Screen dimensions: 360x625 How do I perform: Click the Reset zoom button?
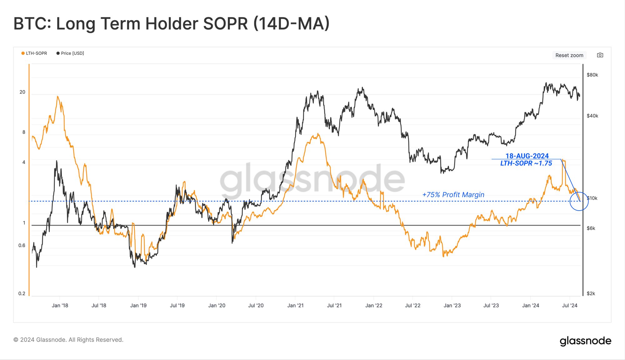click(x=569, y=55)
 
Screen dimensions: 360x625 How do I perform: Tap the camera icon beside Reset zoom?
click(x=600, y=55)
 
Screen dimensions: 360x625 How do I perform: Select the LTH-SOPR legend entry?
click(x=34, y=53)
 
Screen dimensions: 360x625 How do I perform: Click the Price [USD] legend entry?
click(x=70, y=53)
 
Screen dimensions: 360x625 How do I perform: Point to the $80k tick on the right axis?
click(x=592, y=75)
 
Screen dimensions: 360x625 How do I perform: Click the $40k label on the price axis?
click(x=592, y=116)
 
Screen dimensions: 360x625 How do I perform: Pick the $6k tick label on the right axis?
click(x=591, y=228)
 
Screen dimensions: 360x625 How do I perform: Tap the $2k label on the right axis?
click(x=591, y=293)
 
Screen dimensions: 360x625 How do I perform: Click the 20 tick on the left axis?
click(x=22, y=92)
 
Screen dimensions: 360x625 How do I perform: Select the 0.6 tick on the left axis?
click(x=22, y=246)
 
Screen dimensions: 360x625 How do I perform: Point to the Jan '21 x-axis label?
click(x=295, y=306)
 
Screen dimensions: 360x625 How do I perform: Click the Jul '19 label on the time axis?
click(x=177, y=306)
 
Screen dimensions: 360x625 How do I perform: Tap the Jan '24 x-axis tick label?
click(x=531, y=306)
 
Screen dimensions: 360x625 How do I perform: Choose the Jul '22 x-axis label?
click(x=412, y=306)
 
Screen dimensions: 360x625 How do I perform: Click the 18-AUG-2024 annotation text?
click(x=527, y=156)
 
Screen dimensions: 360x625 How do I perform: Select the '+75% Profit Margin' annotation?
click(x=453, y=195)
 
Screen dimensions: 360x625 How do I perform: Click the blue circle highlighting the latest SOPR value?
click(x=579, y=201)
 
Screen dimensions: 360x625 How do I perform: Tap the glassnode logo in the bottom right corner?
click(x=585, y=341)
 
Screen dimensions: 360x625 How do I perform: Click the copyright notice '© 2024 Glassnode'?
click(x=68, y=340)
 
